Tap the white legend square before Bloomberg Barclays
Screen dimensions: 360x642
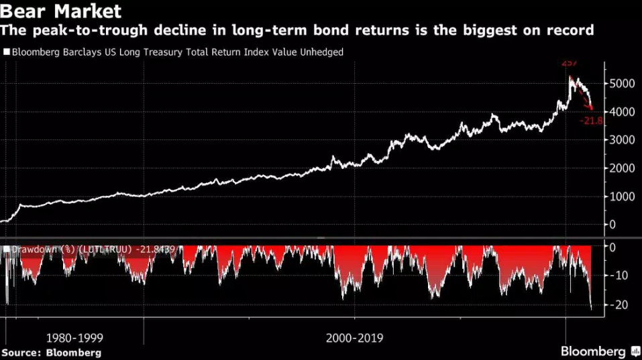[x=7, y=52]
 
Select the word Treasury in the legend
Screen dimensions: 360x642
[x=172, y=52]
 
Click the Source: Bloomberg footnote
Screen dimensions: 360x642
[x=51, y=353]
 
